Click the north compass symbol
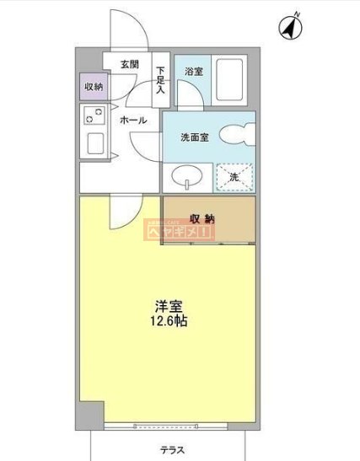tap(293, 27)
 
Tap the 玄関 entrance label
tap(129, 64)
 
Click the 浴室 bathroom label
tap(193, 72)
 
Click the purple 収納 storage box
tap(93, 87)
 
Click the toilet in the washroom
tap(239, 136)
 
